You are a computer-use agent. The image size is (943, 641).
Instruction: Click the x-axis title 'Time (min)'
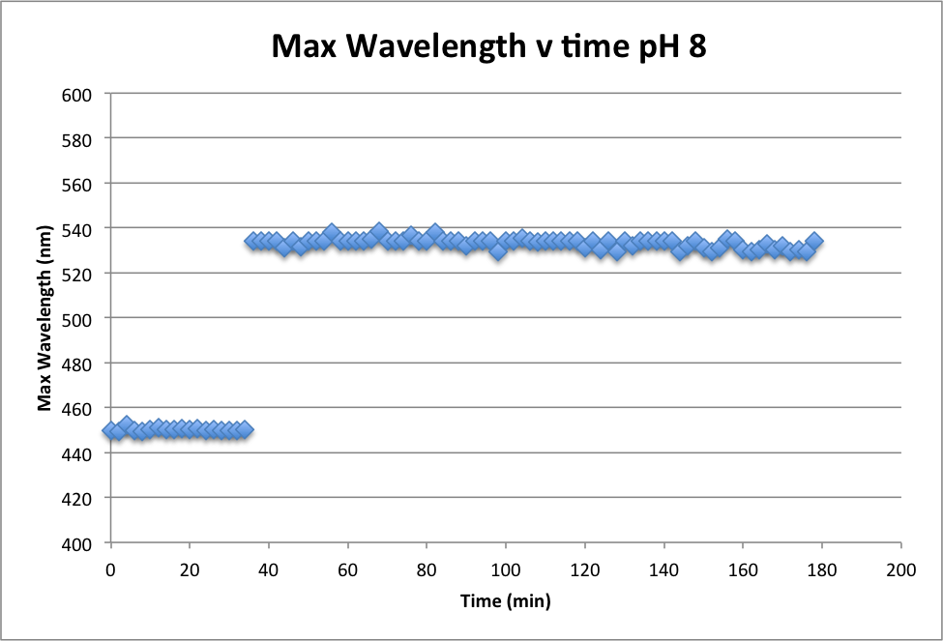tap(506, 601)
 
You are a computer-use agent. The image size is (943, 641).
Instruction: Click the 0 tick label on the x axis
tap(110, 568)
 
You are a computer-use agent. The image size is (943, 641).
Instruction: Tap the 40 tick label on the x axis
tap(269, 568)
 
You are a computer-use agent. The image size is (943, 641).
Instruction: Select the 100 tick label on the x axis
tap(506, 568)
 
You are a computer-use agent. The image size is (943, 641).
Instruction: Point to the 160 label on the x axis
tap(743, 568)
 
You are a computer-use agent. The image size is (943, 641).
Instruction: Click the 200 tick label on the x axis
tap(900, 568)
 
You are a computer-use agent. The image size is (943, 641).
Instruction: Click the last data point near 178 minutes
tap(813, 241)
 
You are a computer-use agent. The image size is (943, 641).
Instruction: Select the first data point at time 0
tap(110, 430)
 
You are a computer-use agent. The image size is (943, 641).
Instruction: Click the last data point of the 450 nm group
tap(245, 429)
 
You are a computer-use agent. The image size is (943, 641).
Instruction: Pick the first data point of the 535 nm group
tap(252, 241)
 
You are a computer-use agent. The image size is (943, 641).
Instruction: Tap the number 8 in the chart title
tap(695, 45)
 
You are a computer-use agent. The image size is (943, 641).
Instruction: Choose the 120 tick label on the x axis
tap(585, 568)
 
